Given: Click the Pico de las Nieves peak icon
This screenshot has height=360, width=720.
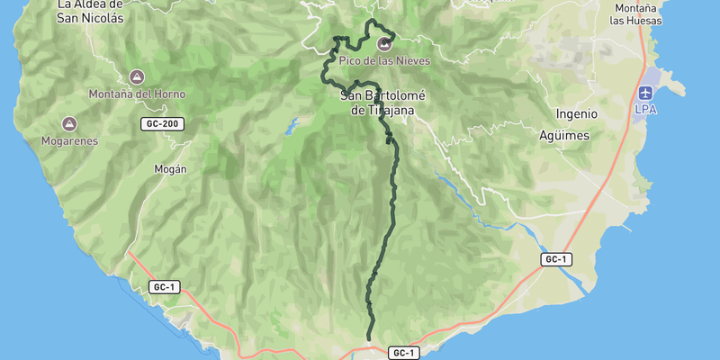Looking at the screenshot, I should tap(385, 43).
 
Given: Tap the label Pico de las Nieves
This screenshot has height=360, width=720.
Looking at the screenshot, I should tap(385, 60).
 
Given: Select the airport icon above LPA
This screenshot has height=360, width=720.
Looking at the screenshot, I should tap(646, 93).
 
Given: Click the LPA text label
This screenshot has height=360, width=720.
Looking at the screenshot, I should tap(646, 109).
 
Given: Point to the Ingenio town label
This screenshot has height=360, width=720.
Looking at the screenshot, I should tap(577, 114).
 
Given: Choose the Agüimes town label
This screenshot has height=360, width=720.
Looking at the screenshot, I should tap(563, 135).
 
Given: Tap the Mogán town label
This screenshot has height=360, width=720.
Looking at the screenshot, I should tap(170, 168).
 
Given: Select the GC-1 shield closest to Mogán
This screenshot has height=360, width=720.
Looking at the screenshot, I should tap(165, 287).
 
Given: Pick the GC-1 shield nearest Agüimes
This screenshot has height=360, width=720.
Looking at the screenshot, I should tap(556, 259).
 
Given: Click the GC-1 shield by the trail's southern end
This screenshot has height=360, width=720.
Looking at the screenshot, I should tap(404, 354).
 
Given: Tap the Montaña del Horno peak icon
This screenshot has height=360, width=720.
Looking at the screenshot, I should tap(137, 77).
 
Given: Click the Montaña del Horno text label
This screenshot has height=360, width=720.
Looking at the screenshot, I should tap(137, 94).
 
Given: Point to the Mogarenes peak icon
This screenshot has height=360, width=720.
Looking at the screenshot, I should tap(69, 124).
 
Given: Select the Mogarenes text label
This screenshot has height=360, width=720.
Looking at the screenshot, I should tap(69, 141).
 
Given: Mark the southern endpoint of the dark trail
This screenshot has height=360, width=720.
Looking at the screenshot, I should tap(370, 338).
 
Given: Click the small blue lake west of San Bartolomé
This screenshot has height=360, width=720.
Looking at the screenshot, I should tap(291, 126).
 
